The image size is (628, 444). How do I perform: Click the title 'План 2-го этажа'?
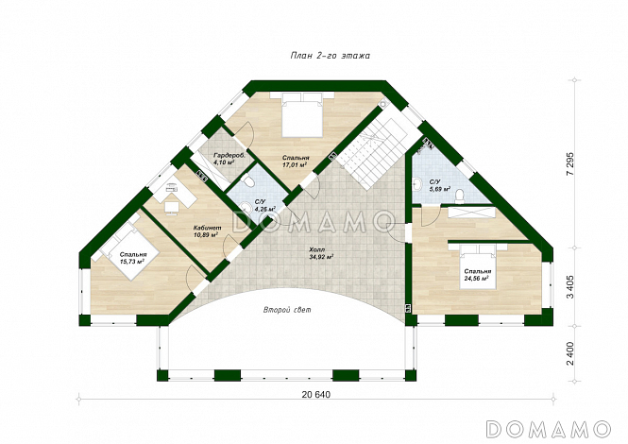330,56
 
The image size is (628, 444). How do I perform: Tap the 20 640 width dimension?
316,395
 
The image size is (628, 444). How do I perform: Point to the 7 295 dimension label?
570,163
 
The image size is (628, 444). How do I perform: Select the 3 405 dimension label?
570,286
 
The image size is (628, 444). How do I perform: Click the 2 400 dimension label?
570,353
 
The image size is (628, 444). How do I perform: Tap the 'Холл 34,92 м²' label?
321,253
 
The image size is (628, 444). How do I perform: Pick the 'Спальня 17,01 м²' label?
296,162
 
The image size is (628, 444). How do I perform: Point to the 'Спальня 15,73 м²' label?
133,258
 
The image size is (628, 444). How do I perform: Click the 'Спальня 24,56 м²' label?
478,274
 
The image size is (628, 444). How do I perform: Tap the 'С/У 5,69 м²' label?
439,185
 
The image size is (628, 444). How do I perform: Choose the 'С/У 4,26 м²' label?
264,206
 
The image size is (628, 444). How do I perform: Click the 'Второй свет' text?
287,310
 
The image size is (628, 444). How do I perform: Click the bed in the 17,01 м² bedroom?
302,115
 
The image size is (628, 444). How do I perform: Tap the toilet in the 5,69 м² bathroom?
460,196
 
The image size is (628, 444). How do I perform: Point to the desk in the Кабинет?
177,193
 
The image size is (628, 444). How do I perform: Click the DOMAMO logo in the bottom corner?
549,429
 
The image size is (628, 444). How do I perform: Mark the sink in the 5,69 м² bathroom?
417,183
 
